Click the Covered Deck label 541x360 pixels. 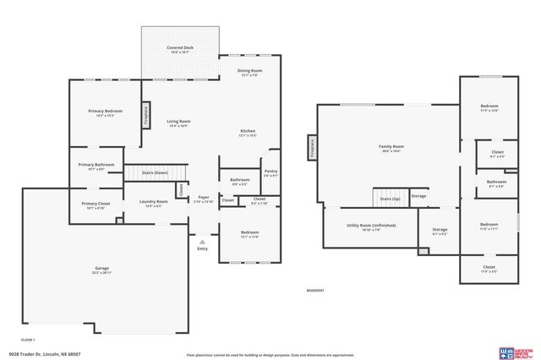click(x=179, y=48)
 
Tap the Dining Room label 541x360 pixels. click(x=248, y=71)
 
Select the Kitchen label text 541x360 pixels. click(x=248, y=131)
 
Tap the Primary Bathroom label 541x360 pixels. click(x=96, y=165)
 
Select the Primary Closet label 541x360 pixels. click(x=96, y=204)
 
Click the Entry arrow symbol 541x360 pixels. click(x=202, y=241)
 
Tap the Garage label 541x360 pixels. click(x=101, y=270)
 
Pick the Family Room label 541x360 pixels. click(x=391, y=147)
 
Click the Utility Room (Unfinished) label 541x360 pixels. click(x=371, y=226)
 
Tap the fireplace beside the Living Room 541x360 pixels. click(x=146, y=115)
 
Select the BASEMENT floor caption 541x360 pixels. click(x=314, y=290)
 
